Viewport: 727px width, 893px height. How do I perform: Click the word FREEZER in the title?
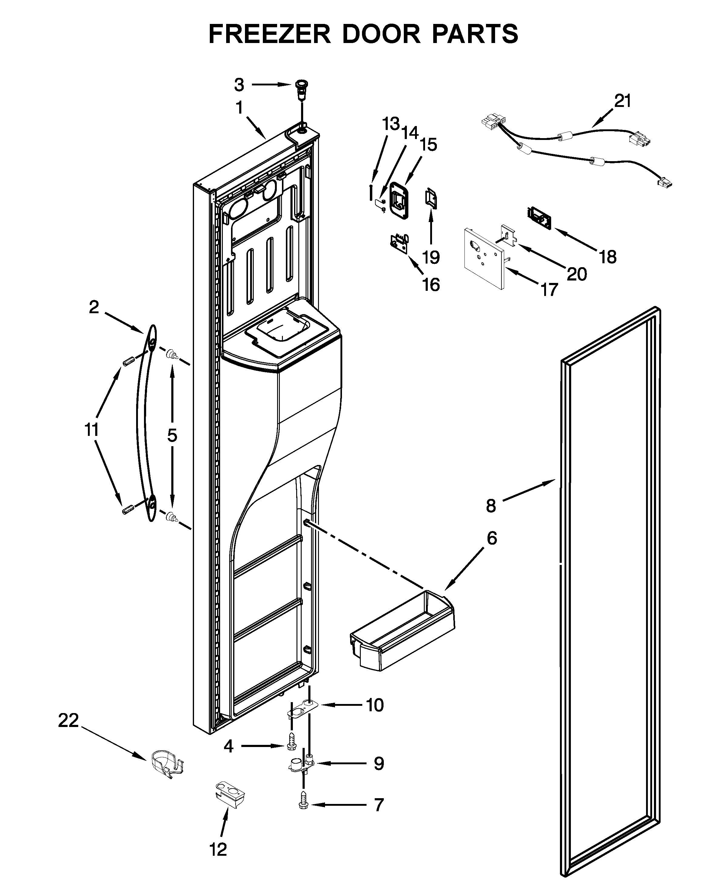(270, 34)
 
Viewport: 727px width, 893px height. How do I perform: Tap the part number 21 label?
(623, 101)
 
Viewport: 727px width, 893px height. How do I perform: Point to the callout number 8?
(491, 506)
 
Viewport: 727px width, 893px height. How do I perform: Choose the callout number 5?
(172, 436)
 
